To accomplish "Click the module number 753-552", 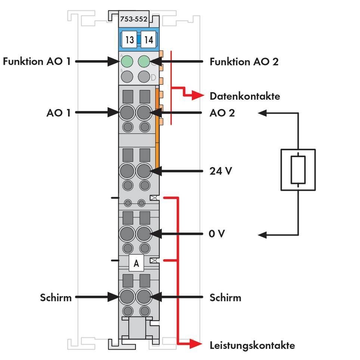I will (x=133, y=19).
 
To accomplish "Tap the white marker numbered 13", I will (x=129, y=40).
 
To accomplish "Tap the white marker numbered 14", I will (x=148, y=40).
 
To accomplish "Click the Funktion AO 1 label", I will (x=37, y=61).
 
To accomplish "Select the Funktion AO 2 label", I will (x=244, y=61).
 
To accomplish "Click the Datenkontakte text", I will (x=245, y=96).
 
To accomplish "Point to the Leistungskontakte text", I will (x=252, y=345).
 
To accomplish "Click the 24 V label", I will (x=221, y=171).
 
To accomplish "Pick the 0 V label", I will (x=217, y=234).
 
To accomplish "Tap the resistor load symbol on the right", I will (x=298, y=170).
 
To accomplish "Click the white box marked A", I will (x=136, y=263).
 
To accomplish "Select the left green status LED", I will (x=127, y=61).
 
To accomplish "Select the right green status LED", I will (x=144, y=61).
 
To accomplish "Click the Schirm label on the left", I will (x=56, y=298).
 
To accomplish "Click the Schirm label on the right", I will (x=225, y=298).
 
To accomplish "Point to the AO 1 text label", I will (x=58, y=112).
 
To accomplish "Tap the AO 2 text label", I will (x=222, y=112).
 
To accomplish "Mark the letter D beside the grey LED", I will (x=153, y=78).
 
